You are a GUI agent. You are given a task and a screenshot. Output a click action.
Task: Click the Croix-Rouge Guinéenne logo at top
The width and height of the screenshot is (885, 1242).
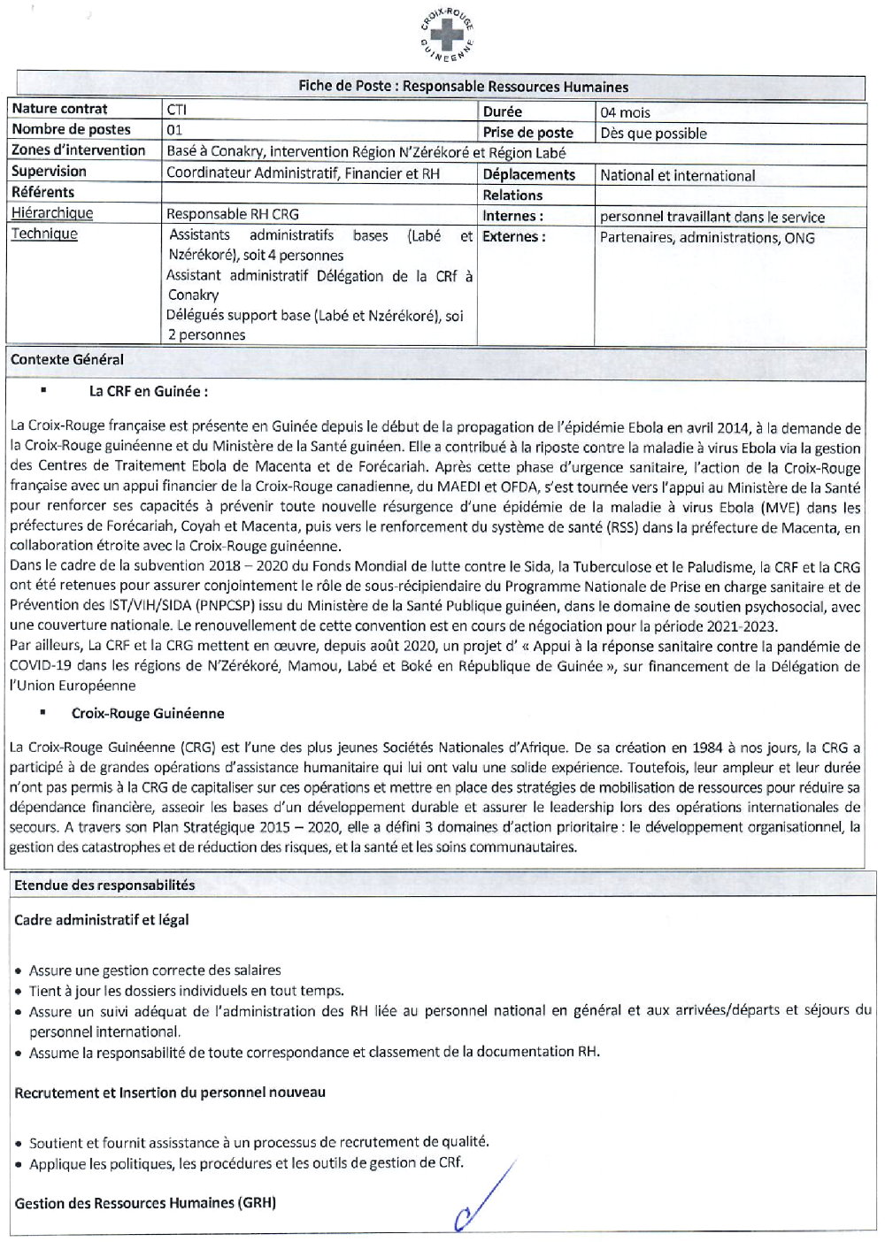(447, 34)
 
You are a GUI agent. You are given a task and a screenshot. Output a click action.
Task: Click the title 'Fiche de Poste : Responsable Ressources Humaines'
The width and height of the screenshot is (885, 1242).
(463, 87)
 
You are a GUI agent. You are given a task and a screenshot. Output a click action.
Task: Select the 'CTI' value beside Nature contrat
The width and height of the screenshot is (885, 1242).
(176, 110)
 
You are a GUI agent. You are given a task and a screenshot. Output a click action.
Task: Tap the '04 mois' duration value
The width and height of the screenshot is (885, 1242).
(625, 112)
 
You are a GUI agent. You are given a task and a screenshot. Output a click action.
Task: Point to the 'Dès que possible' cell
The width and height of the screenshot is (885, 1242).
(653, 134)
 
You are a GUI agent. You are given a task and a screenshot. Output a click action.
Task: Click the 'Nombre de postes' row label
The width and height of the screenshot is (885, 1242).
(71, 129)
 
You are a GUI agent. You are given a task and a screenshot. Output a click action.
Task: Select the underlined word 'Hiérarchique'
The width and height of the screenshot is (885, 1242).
(51, 213)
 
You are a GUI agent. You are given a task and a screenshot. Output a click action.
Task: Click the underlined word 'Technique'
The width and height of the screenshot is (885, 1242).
(44, 234)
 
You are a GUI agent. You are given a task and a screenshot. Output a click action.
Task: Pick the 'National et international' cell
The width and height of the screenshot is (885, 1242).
(677, 175)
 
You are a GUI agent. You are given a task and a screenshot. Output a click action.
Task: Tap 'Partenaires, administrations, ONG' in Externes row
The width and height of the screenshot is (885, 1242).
(706, 237)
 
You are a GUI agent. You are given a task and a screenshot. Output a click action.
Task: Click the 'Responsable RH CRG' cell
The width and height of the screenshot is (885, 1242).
(232, 214)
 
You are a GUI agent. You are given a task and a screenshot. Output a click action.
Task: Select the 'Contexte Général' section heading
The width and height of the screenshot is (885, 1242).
(67, 360)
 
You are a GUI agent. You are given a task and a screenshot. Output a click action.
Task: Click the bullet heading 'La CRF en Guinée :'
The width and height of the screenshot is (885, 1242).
(148, 391)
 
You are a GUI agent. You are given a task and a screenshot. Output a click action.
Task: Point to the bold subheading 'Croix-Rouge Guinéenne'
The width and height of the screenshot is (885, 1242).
(148, 713)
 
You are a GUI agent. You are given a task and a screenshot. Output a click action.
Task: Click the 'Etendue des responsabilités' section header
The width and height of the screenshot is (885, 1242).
(104, 885)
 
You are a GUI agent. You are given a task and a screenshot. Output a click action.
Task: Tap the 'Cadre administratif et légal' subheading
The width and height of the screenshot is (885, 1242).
(101, 920)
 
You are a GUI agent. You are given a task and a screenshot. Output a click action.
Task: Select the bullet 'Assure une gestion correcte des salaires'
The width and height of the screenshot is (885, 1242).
(155, 970)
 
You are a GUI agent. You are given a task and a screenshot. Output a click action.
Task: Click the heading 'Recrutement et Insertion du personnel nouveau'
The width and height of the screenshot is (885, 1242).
(170, 1092)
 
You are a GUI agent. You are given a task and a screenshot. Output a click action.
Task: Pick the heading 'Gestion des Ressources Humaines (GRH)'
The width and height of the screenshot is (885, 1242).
(145, 1203)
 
